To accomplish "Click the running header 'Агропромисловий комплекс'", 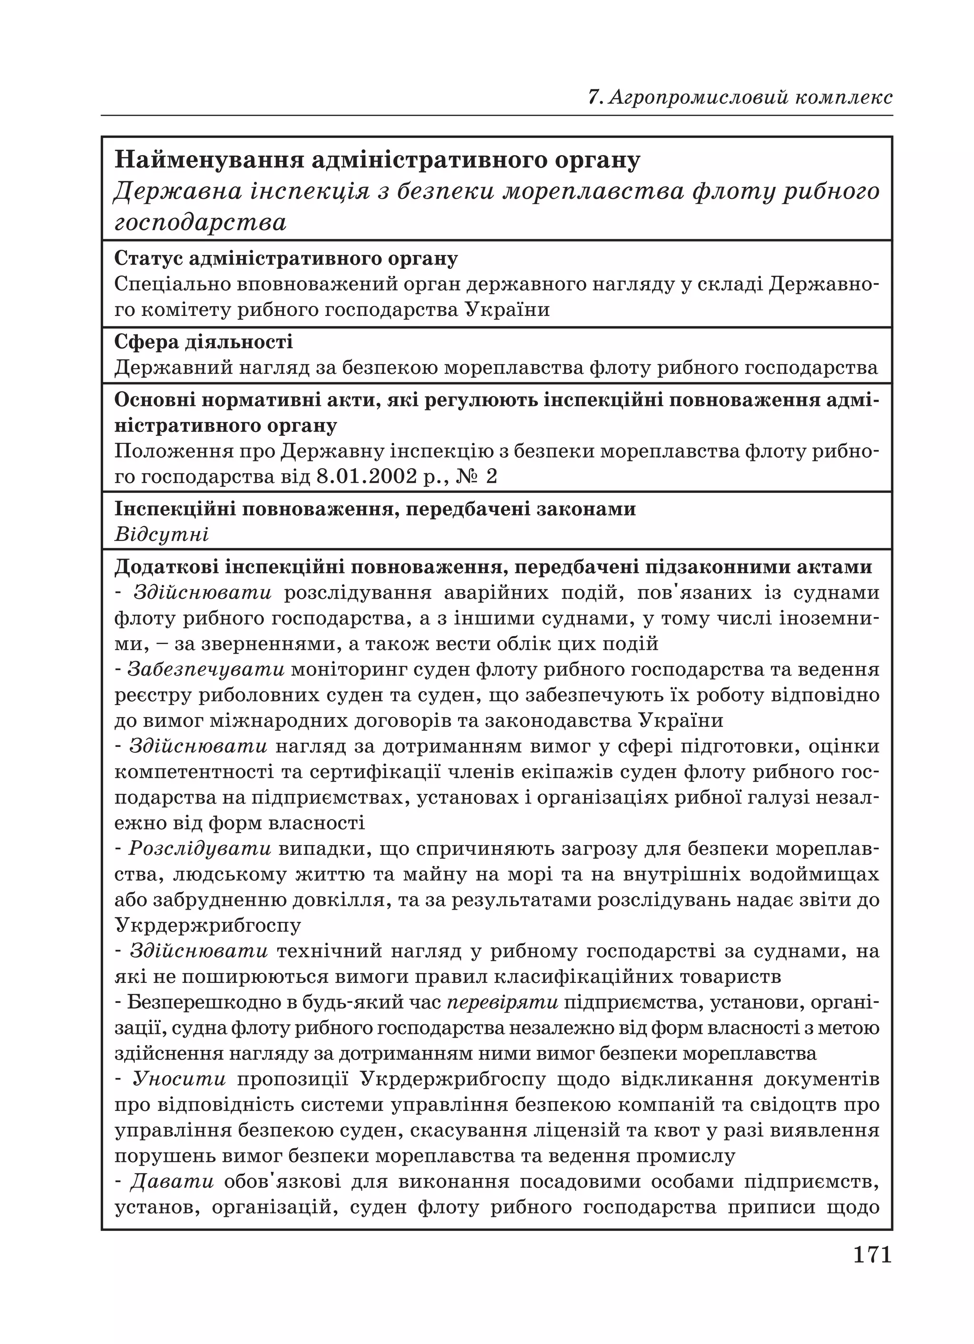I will (x=750, y=97).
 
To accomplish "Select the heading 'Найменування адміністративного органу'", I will (x=377, y=160).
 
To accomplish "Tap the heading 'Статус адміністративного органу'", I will (x=285, y=259).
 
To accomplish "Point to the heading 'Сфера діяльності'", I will (x=203, y=342).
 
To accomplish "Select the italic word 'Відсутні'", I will (x=161, y=535).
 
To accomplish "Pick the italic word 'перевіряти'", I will (x=501, y=1003).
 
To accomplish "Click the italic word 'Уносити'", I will (x=179, y=1079).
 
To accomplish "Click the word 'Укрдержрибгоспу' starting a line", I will (x=207, y=925).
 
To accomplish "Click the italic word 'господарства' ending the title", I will (x=200, y=223).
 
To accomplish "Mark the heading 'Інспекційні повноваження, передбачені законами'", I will (x=374, y=509).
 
